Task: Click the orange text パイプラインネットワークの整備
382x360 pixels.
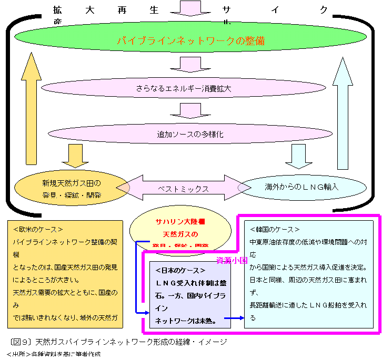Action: (190, 41)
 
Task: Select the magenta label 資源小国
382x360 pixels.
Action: (231, 260)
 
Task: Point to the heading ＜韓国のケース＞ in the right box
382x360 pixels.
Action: (274, 230)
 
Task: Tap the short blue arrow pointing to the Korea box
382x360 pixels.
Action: (234, 318)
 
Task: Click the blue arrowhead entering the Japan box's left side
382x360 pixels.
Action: (146, 313)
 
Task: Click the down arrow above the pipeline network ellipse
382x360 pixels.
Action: (190, 8)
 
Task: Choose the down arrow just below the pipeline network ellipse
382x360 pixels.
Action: (190, 64)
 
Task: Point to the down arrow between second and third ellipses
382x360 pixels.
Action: (190, 110)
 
